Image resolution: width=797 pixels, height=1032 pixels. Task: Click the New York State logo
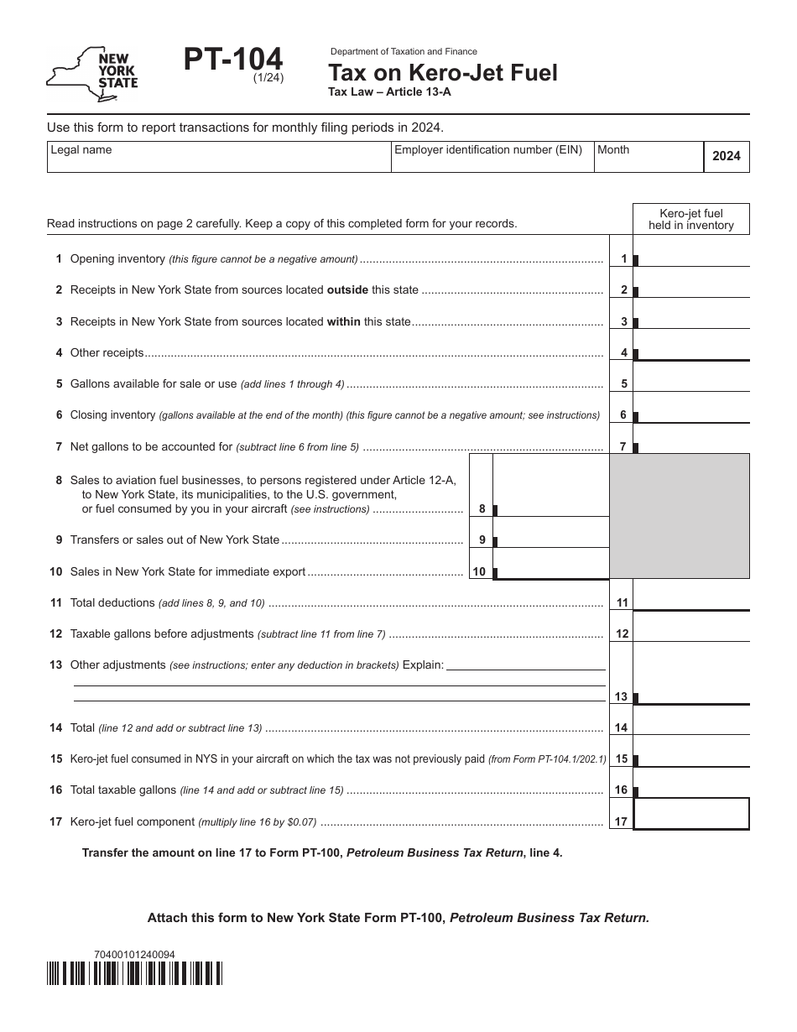93,74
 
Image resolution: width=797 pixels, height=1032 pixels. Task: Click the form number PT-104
233,61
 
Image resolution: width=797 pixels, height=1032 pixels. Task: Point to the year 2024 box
726,156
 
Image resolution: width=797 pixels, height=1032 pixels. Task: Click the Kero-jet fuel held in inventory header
690,219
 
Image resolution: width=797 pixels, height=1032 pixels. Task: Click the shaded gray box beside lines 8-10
679,515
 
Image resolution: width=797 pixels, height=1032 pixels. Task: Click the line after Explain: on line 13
526,665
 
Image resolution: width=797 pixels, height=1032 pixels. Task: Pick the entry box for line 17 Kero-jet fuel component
691,814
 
